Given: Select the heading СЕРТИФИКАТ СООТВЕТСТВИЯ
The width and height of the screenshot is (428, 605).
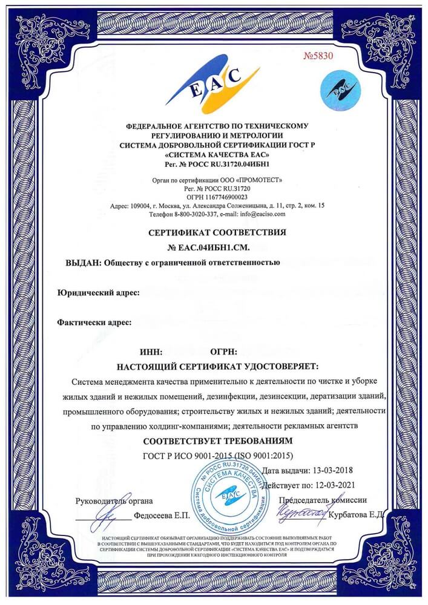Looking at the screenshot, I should [x=217, y=232].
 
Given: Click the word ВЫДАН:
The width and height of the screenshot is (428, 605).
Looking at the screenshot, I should [x=83, y=263].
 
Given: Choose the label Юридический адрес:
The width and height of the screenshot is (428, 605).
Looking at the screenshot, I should [x=99, y=293].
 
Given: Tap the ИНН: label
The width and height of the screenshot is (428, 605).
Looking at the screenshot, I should [x=151, y=352].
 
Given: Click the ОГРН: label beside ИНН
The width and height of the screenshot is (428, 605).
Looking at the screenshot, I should [x=223, y=352].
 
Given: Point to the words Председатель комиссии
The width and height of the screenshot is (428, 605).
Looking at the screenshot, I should [x=323, y=500].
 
